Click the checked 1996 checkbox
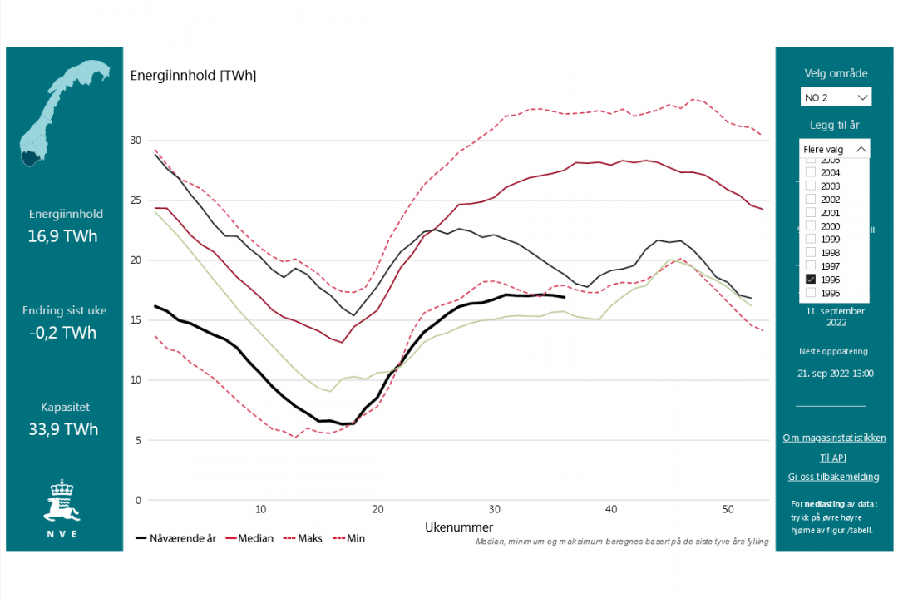click(x=811, y=280)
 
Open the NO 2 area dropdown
click(x=836, y=97)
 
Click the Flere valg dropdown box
click(x=836, y=149)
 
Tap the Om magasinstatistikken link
click(x=834, y=438)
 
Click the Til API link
click(x=834, y=458)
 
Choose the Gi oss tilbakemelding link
click(x=834, y=477)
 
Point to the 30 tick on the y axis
click(x=136, y=140)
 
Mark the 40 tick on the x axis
click(x=611, y=509)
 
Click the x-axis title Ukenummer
click(x=459, y=527)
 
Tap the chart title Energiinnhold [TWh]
click(x=193, y=76)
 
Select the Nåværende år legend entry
click(x=175, y=538)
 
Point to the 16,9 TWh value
click(x=63, y=236)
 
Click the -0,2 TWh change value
click(x=63, y=333)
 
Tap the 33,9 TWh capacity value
click(x=63, y=429)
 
